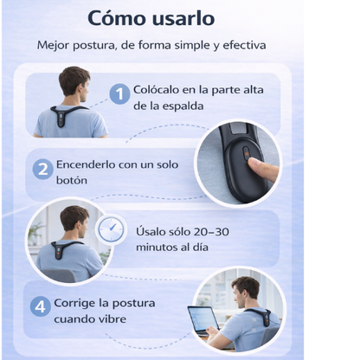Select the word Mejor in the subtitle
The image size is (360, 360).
[54, 45]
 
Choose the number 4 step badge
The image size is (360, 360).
[40, 305]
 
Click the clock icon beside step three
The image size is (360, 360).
[110, 230]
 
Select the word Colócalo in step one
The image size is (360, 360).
[158, 89]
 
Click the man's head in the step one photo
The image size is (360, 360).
[74, 83]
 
